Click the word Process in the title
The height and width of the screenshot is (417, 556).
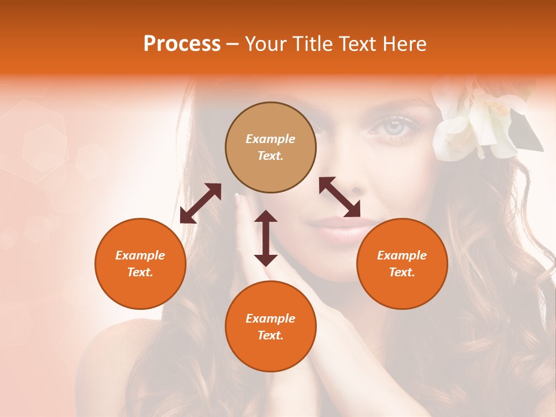[182, 44]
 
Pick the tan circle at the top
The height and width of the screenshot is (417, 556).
[270, 147]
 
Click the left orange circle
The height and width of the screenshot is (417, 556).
[140, 264]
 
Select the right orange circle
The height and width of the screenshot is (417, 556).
[402, 264]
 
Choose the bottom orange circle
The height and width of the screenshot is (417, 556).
[270, 326]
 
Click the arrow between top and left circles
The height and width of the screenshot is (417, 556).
[200, 203]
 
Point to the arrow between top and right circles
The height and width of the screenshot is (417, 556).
[339, 197]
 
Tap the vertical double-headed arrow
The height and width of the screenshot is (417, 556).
[266, 238]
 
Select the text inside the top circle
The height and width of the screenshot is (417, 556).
[270, 147]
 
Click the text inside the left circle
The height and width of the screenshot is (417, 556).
[140, 264]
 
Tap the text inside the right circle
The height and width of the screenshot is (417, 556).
[402, 264]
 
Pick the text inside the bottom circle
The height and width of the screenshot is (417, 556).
[270, 327]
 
